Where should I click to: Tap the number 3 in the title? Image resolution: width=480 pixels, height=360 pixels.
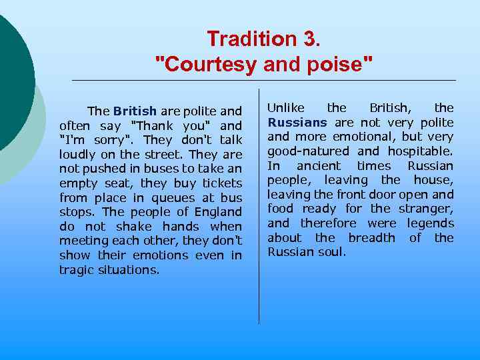[311, 39]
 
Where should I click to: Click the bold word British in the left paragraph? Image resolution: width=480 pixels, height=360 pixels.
[135, 111]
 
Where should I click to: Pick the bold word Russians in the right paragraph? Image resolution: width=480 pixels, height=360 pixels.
[297, 122]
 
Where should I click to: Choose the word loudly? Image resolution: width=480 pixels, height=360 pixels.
[77, 154]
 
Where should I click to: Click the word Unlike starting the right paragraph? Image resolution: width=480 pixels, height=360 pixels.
[286, 107]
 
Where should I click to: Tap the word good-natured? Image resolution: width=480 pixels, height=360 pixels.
[309, 151]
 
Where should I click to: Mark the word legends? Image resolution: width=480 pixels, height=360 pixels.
[430, 223]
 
